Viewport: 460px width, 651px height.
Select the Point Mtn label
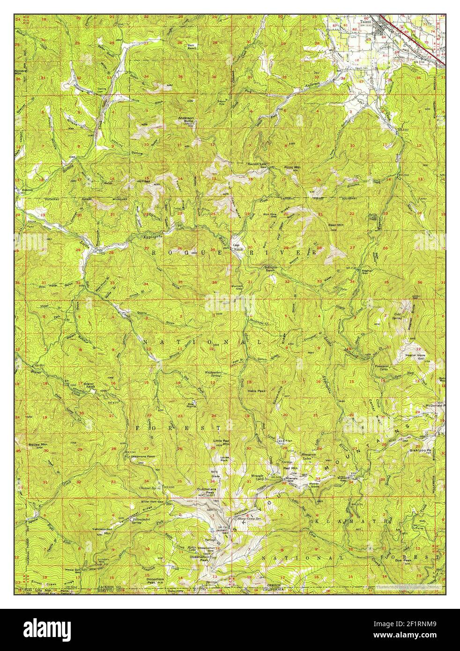[x=292, y=167]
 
